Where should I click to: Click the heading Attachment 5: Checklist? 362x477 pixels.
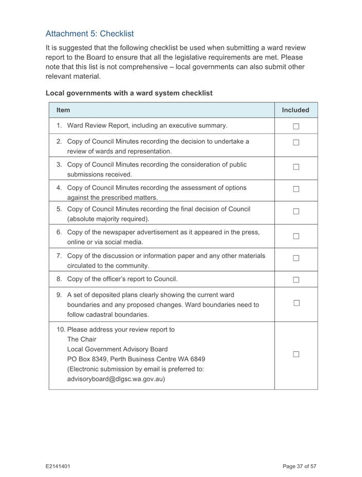89,34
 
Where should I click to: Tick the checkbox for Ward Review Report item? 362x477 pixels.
296,126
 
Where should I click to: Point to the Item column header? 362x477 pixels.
63,110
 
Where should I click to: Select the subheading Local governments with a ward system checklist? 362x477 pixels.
129,93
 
